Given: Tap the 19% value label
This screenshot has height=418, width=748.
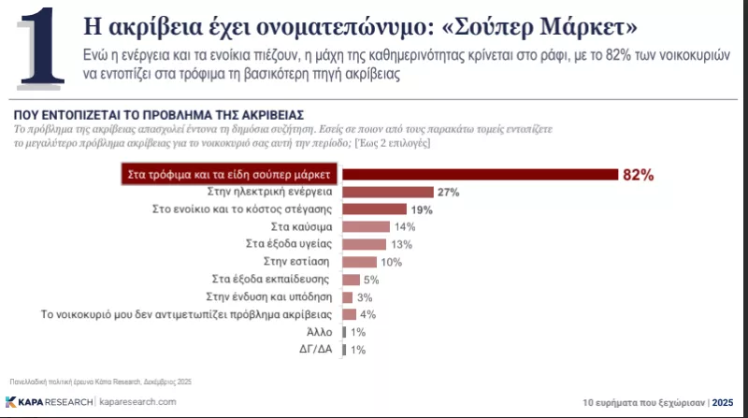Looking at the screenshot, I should click(x=421, y=209).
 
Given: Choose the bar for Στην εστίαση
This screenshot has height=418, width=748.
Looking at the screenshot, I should click(x=359, y=262).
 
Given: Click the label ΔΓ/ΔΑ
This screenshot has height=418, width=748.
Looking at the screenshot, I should click(x=318, y=350).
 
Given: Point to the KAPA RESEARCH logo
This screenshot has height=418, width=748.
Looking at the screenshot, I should click(x=49, y=400).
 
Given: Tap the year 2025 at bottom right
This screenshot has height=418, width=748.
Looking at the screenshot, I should click(x=723, y=400).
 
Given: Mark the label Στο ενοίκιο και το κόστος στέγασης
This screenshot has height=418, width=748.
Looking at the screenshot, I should click(x=245, y=209).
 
